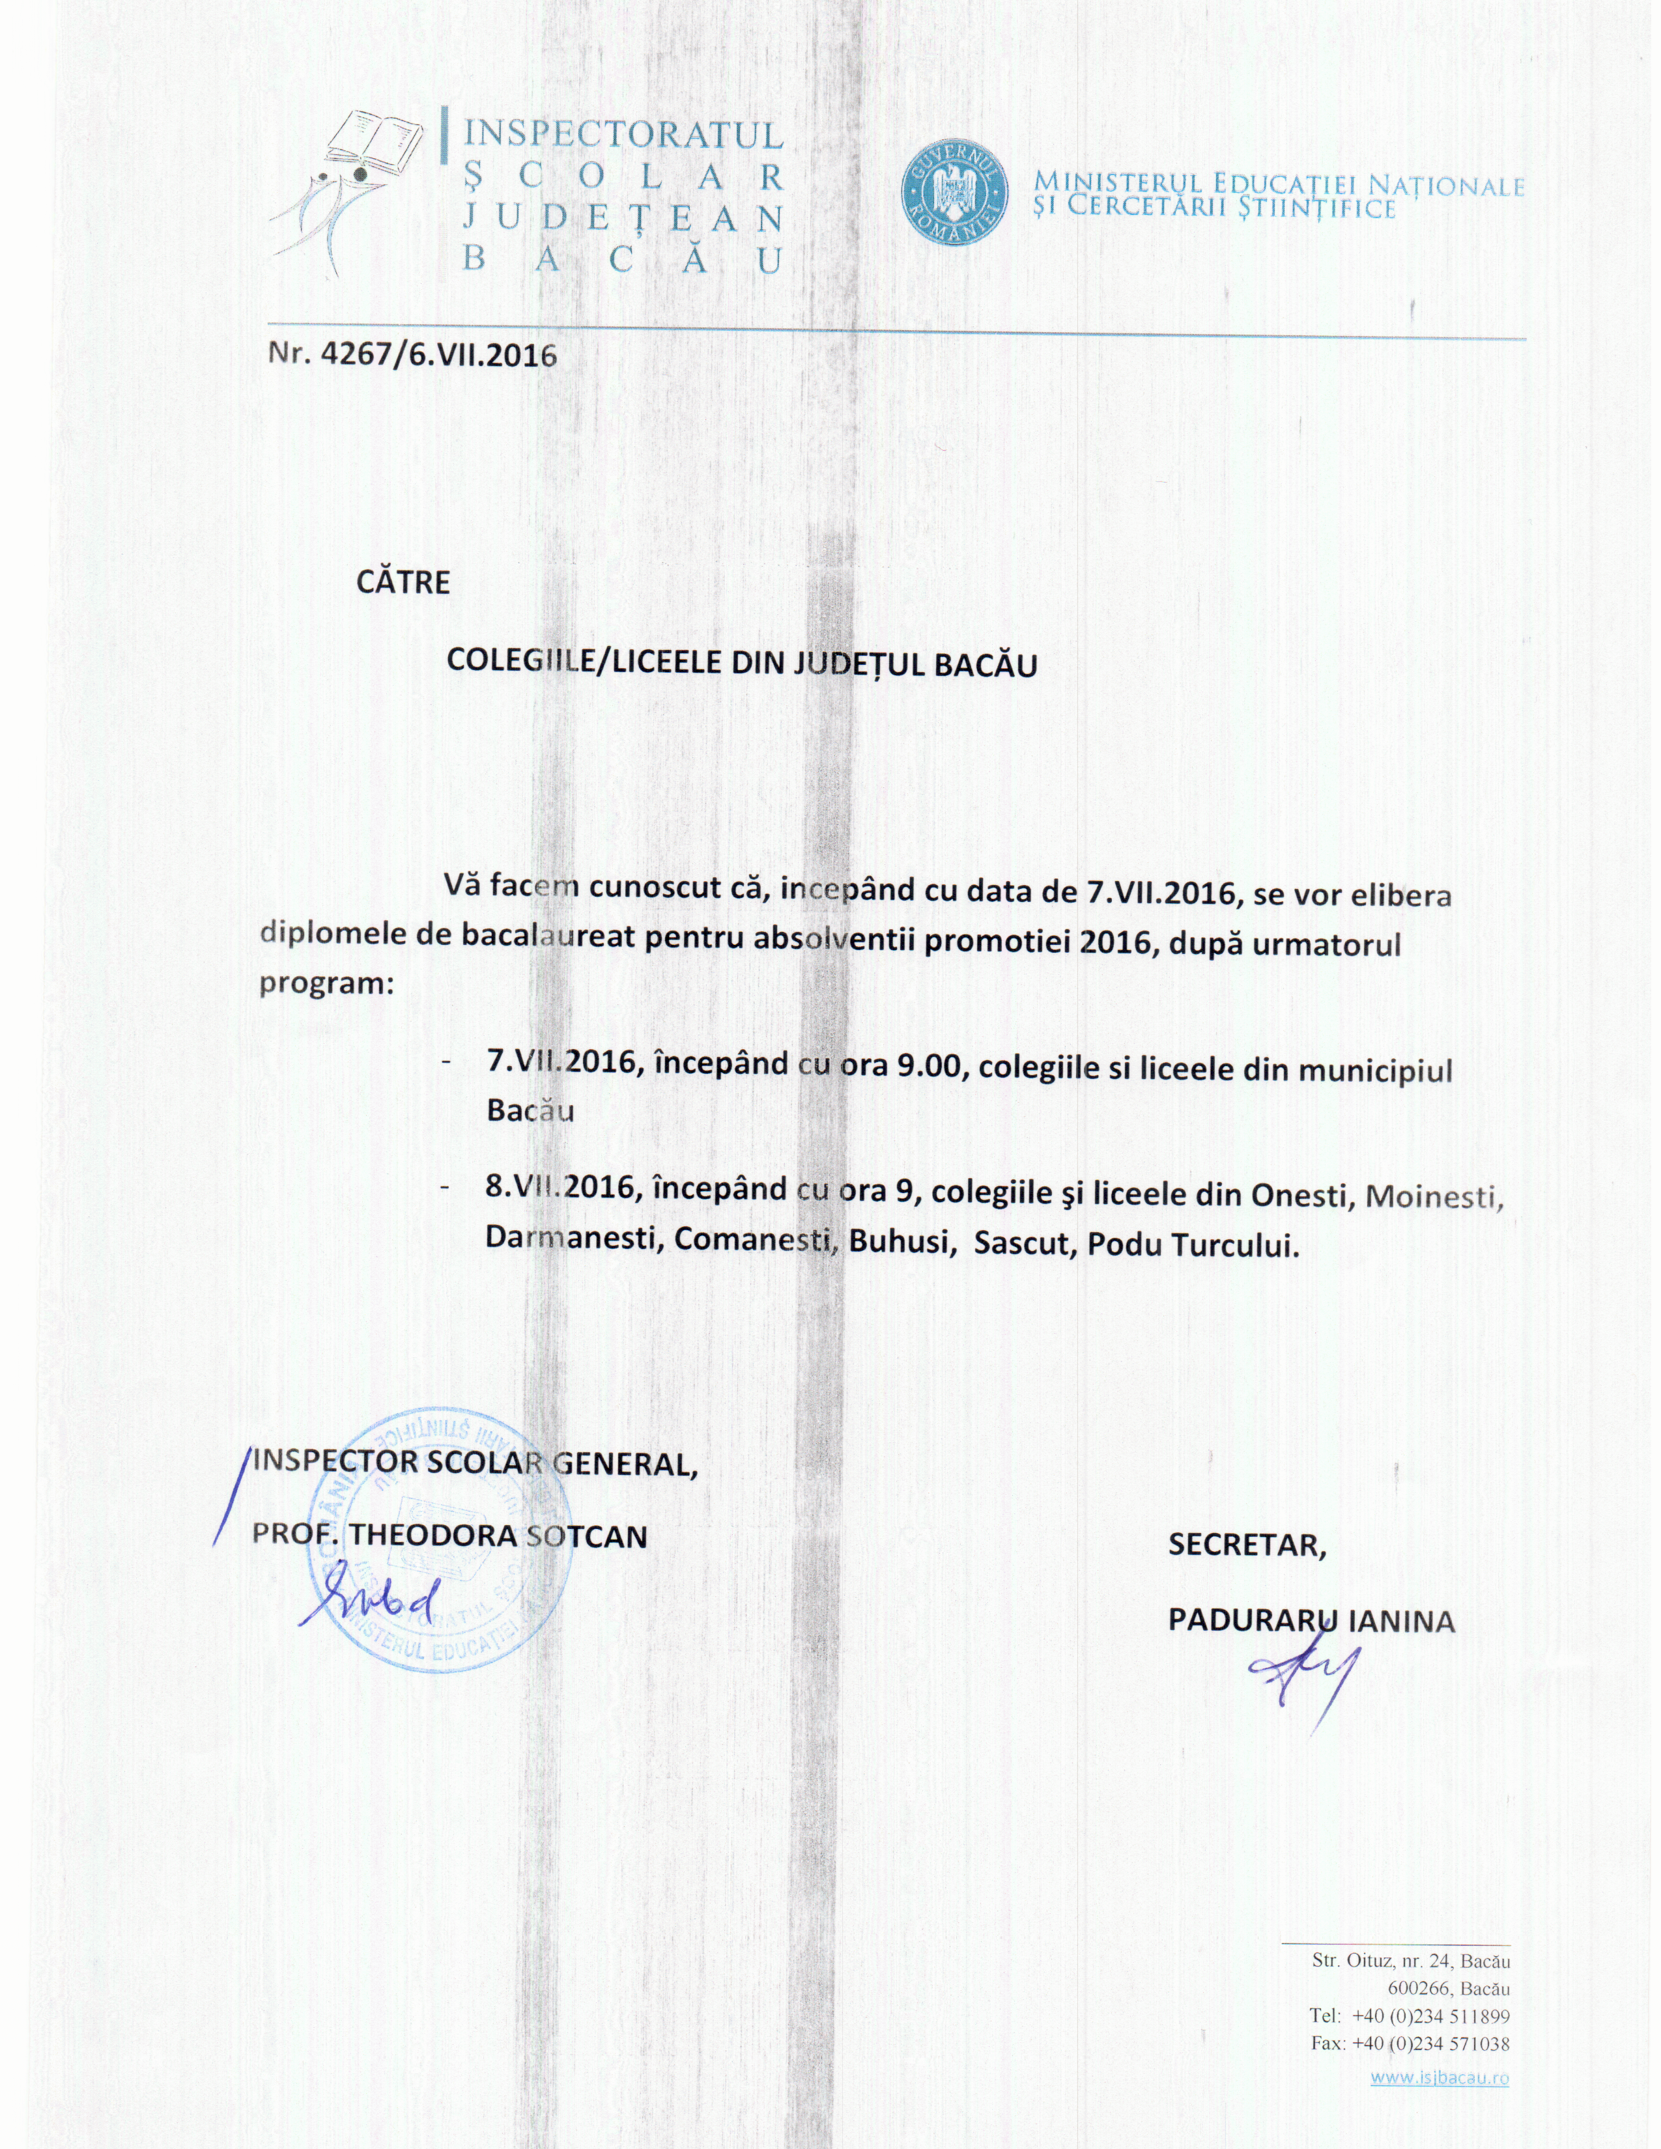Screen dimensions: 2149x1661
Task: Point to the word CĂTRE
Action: coord(403,582)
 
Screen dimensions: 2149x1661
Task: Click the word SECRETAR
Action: coord(1247,1545)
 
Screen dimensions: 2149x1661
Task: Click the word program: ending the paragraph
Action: coord(326,984)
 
